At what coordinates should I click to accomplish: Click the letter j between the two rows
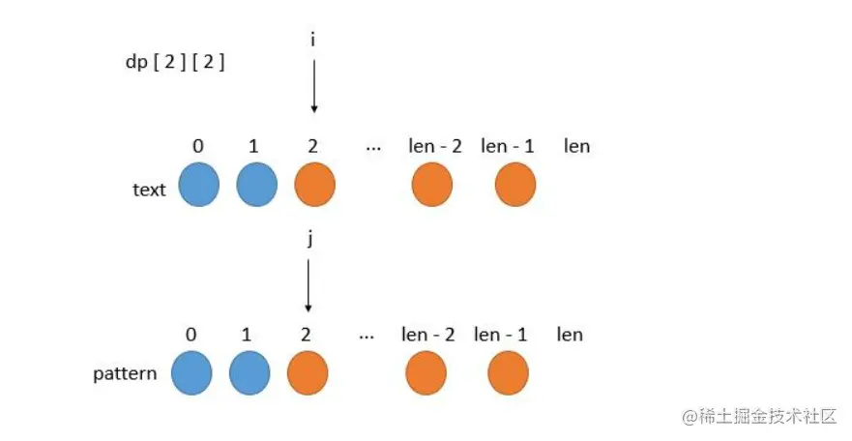tap(309, 239)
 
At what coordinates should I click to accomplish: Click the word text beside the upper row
tap(149, 190)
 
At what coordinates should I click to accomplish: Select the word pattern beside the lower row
tap(125, 373)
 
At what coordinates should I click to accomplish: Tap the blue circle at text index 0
tap(199, 186)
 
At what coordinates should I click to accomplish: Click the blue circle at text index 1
tap(256, 186)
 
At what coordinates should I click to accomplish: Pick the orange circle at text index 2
tap(314, 186)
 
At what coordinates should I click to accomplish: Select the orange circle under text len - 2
tap(431, 186)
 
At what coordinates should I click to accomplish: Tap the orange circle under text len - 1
tap(515, 186)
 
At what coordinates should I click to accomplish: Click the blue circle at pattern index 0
tap(191, 372)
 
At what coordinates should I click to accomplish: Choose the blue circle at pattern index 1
tap(250, 372)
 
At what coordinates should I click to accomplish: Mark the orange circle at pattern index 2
tap(308, 372)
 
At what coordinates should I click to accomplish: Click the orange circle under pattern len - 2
tap(426, 372)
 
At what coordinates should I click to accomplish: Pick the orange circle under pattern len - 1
tap(508, 372)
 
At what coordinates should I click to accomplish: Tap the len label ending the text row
tap(577, 146)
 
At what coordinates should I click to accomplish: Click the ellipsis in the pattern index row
tap(367, 336)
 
